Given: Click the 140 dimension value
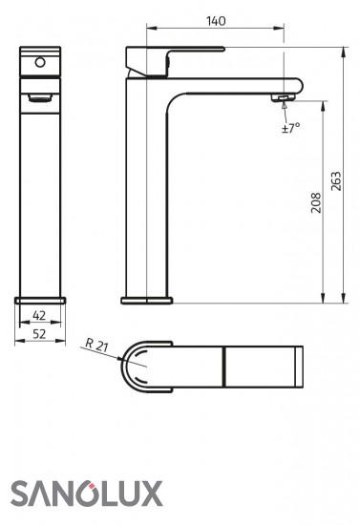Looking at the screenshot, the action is click(216, 21).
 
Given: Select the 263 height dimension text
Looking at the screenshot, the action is click(336, 181).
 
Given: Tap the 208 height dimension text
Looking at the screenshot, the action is click(316, 202).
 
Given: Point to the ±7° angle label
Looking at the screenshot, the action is click(290, 128).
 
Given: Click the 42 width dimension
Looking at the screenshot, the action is click(39, 315).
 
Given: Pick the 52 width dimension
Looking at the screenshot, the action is click(39, 334).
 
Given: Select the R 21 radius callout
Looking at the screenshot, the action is click(96, 346).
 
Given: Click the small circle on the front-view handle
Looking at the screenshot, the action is click(40, 62).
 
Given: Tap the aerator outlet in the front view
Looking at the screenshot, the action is click(40, 97).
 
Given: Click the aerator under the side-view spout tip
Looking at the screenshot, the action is click(283, 97).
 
